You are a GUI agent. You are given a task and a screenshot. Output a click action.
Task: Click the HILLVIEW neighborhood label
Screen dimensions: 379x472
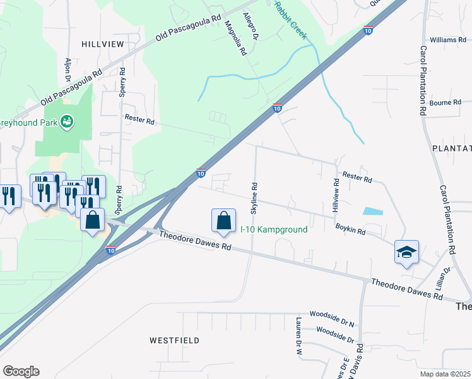click(102, 43)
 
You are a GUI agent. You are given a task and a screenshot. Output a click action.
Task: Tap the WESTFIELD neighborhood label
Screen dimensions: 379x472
click(175, 340)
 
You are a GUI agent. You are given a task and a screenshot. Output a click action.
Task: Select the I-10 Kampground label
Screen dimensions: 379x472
click(274, 229)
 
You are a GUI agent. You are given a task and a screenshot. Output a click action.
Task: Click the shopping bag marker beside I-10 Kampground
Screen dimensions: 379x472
click(223, 221)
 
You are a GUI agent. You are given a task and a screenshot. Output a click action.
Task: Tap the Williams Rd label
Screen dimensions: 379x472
click(449, 40)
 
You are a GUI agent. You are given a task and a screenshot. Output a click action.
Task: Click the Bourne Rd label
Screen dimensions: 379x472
click(445, 102)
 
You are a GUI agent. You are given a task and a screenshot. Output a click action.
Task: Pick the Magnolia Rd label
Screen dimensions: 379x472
click(235, 38)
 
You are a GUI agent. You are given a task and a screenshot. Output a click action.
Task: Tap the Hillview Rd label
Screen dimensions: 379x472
click(336, 194)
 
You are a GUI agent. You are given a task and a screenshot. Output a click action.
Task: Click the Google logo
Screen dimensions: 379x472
click(21, 371)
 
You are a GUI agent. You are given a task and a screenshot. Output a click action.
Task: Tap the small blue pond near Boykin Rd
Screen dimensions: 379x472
click(373, 212)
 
